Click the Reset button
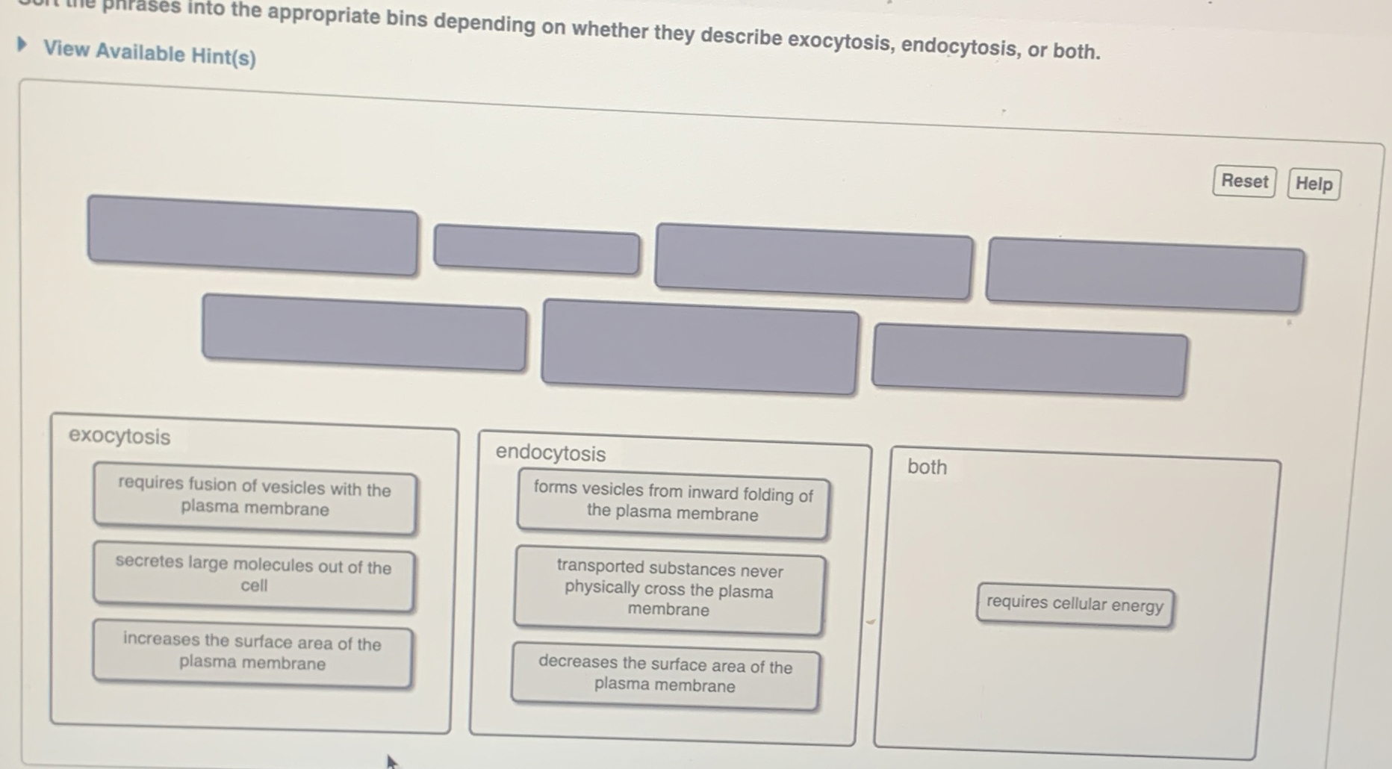pyautogui.click(x=1244, y=181)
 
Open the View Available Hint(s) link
pyautogui.click(x=149, y=53)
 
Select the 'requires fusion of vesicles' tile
pyautogui.click(x=255, y=498)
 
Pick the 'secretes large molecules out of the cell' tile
pyautogui.click(x=253, y=575)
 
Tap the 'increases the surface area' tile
pyautogui.click(x=252, y=653)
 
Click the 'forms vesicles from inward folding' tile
pyautogui.click(x=672, y=502)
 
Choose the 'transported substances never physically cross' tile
pyautogui.click(x=669, y=590)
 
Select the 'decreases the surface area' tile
pyautogui.click(x=665, y=675)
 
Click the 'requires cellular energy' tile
pyautogui.click(x=1075, y=604)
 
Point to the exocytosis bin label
pyautogui.click(x=119, y=436)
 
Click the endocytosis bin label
pyautogui.click(x=550, y=453)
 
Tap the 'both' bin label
pyautogui.click(x=927, y=467)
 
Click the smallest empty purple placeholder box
pyautogui.click(x=536, y=250)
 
